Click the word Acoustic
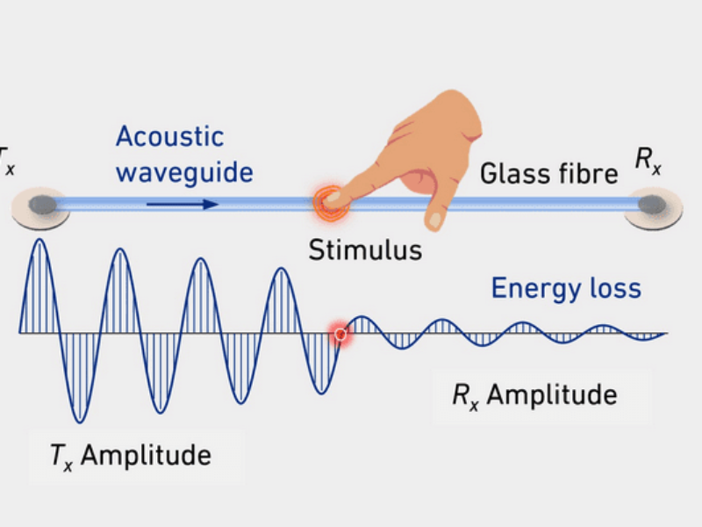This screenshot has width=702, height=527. click(169, 137)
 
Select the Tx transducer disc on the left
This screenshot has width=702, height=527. click(40, 207)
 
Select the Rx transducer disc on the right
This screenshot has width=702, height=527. click(653, 207)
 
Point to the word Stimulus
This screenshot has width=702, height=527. click(364, 249)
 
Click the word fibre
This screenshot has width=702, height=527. click(587, 174)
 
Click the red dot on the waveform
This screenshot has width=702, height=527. click(340, 333)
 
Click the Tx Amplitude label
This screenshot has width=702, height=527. click(129, 455)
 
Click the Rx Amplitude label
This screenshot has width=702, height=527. click(534, 394)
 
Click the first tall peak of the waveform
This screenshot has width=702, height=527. click(38, 241)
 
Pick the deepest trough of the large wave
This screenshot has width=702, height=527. click(79, 420)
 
